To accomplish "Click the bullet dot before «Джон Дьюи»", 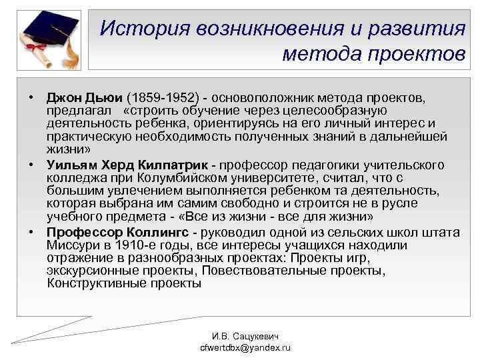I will point(32,98).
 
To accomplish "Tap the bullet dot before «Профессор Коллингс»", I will point(32,231).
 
